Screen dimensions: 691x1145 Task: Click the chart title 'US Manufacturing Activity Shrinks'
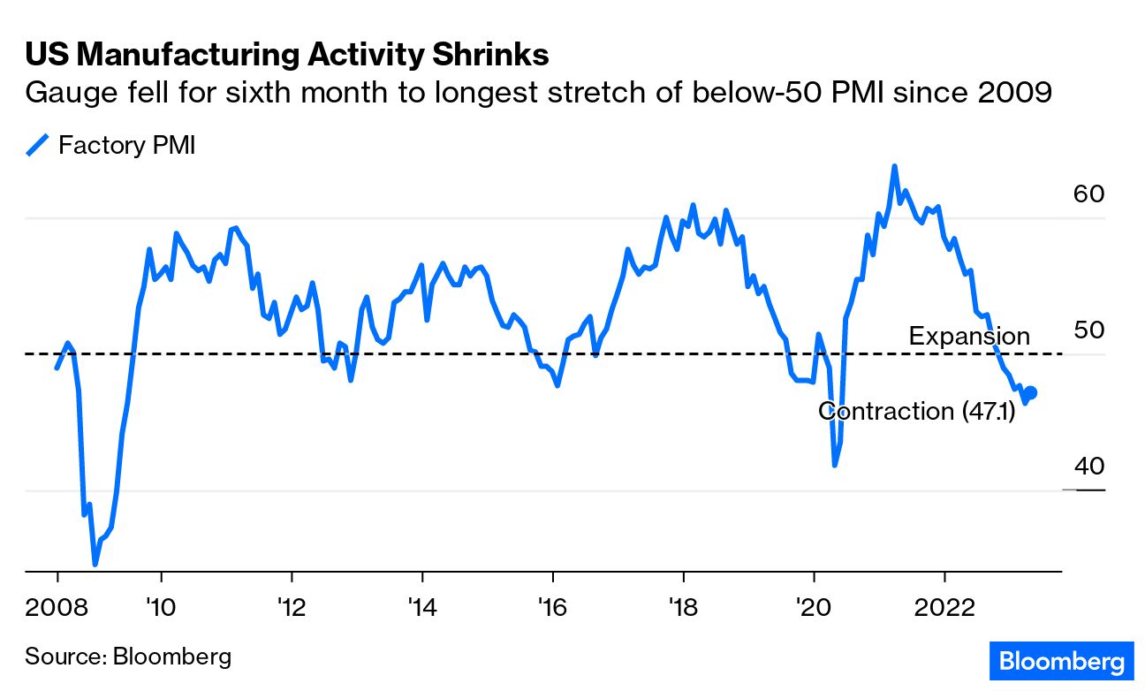(287, 55)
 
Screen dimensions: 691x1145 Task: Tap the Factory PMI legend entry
(111, 145)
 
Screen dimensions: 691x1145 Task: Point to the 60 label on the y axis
(1089, 194)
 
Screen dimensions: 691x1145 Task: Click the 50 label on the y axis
(1089, 330)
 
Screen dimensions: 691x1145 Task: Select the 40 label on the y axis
(1089, 466)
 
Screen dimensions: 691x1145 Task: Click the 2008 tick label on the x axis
(57, 609)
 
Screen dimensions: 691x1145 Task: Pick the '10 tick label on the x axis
(161, 609)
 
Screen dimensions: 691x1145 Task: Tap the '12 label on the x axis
(291, 609)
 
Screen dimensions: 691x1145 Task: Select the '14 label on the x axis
(422, 609)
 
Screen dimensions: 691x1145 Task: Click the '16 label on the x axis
(552, 609)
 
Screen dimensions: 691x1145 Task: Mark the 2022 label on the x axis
(944, 609)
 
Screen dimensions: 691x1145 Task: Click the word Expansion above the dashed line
(969, 337)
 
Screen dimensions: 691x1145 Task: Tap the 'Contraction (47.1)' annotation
(916, 411)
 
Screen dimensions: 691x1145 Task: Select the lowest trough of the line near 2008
(95, 563)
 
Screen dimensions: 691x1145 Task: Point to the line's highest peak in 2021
(894, 166)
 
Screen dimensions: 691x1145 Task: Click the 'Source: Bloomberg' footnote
(128, 657)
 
